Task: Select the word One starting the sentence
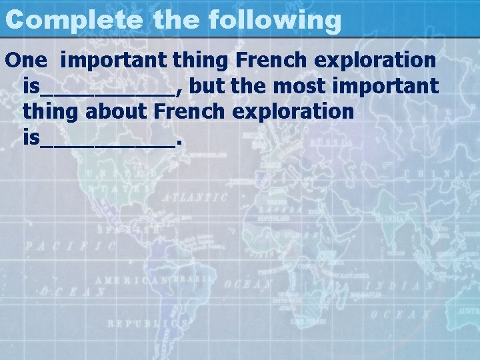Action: (26, 60)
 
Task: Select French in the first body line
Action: (267, 60)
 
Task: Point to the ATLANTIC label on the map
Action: (194, 198)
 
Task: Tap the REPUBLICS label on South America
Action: (147, 323)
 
